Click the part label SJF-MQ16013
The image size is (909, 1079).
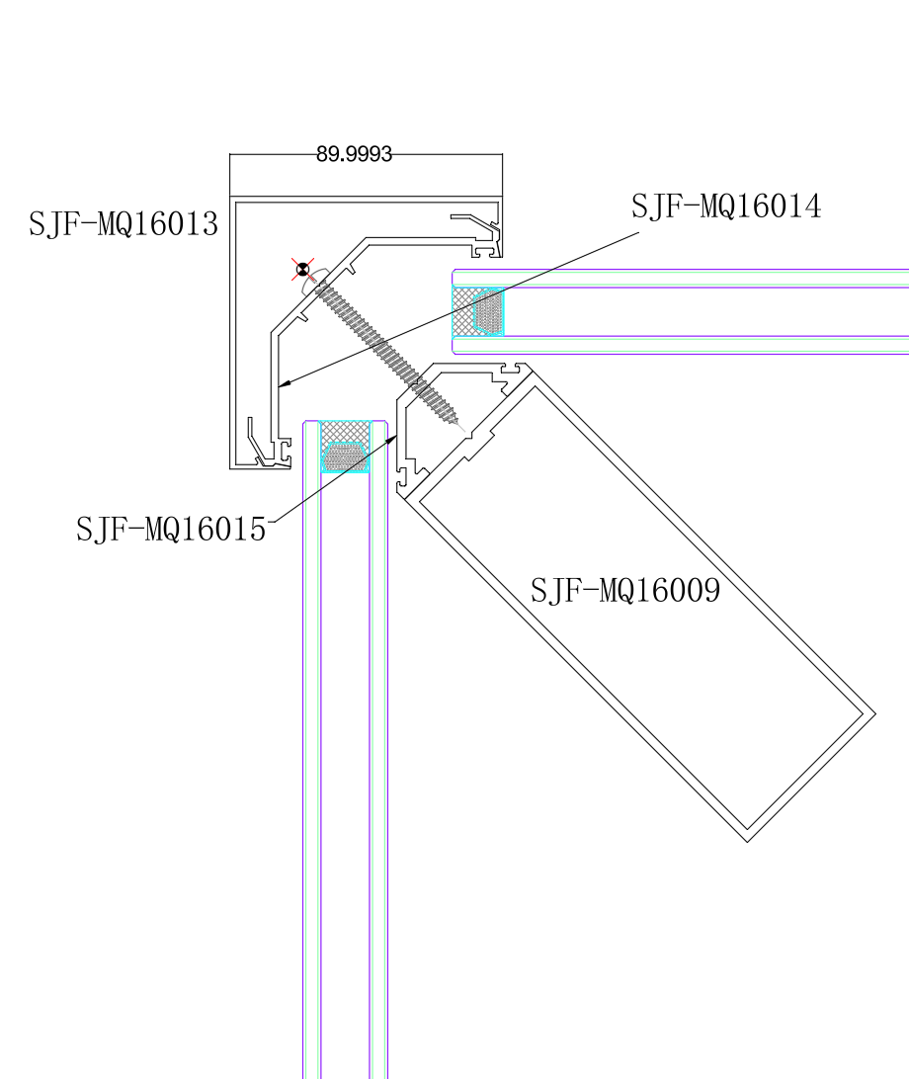(x=124, y=223)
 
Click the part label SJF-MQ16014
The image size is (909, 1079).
(x=726, y=206)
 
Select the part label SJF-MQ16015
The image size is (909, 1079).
(x=171, y=530)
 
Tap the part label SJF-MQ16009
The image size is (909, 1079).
(x=625, y=590)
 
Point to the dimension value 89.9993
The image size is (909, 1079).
(x=354, y=153)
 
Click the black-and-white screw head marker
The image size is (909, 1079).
(x=302, y=269)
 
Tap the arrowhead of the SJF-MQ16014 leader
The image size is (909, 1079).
(x=285, y=383)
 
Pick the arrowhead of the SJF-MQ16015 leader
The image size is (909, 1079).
(x=392, y=439)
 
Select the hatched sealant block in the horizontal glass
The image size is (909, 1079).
(x=477, y=311)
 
